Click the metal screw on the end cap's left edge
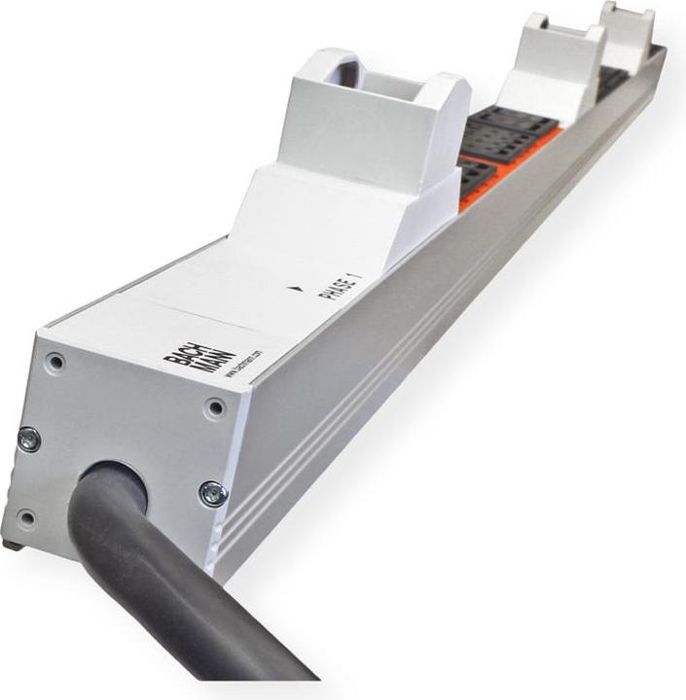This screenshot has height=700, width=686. pyautogui.click(x=29, y=438)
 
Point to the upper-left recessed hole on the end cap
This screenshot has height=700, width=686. pyautogui.click(x=56, y=362)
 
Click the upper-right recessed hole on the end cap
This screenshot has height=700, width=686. pyautogui.click(x=215, y=405)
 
